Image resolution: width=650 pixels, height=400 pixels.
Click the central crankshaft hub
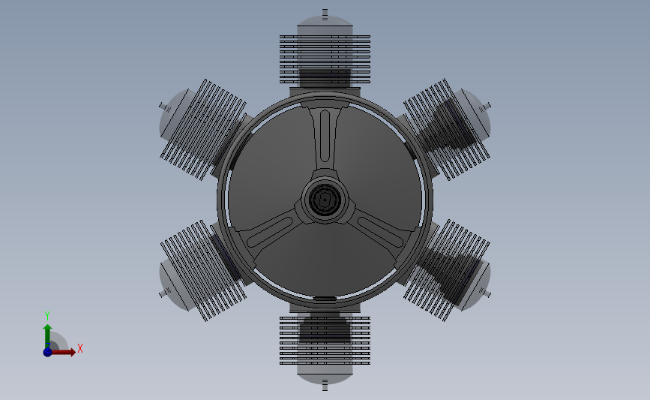coord(325,200)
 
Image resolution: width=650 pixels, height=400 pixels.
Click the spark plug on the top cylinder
coord(325,14)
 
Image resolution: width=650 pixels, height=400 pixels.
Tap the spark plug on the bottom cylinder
coord(325,385)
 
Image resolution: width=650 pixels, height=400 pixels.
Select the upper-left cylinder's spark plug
coord(165,107)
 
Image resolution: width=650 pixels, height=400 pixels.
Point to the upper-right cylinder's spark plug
coord(485,107)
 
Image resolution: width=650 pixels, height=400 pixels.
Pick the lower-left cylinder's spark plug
coord(165,293)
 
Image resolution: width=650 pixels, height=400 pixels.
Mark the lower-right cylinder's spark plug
coord(485,293)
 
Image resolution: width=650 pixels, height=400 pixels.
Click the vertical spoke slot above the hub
coord(325,136)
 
